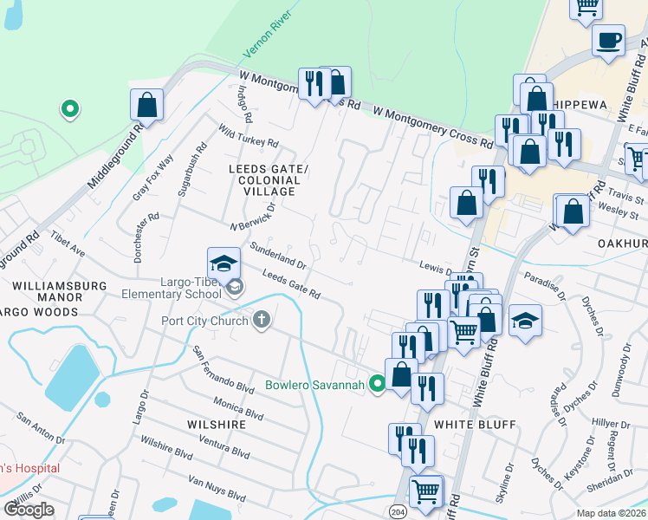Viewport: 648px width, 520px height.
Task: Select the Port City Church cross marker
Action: (x=261, y=321)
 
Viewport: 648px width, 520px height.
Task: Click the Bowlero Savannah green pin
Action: (x=377, y=383)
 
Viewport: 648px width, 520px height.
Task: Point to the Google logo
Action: (x=29, y=510)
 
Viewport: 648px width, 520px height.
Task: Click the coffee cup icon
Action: (x=608, y=40)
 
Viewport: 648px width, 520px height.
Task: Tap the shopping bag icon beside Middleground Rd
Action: (x=147, y=105)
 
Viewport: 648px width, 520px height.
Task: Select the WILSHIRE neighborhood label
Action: (x=212, y=425)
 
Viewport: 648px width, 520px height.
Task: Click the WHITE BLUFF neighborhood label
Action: (x=475, y=425)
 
